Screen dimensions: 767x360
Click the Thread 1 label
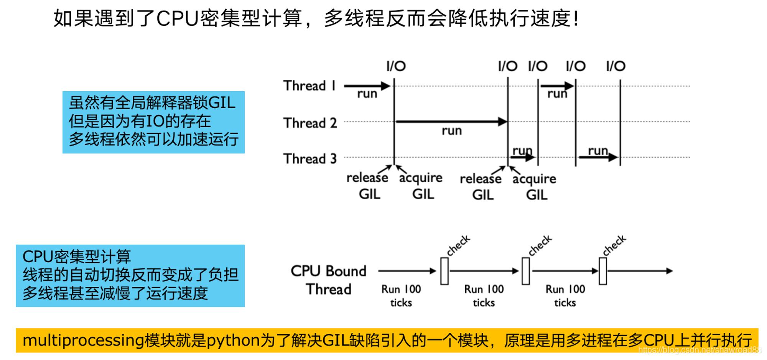309,85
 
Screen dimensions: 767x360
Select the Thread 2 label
310,123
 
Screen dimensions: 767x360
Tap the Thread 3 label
310,159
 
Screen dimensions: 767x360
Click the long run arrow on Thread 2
451,122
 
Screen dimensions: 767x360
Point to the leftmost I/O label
396,66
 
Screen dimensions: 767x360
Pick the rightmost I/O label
616,66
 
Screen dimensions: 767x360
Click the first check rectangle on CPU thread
444,271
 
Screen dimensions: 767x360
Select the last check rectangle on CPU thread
603,271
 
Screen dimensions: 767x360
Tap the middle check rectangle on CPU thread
526,271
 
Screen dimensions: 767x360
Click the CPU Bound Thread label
329,280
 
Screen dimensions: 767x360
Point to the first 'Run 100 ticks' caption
401,296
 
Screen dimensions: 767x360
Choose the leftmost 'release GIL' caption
367,186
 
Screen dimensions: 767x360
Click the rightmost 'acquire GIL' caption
534,187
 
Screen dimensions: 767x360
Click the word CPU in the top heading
178,18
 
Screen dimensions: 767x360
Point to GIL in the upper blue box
222,103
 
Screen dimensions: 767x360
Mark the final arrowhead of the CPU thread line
670,271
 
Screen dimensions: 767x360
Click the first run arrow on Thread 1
367,86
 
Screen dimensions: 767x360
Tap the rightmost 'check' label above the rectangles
614,245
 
